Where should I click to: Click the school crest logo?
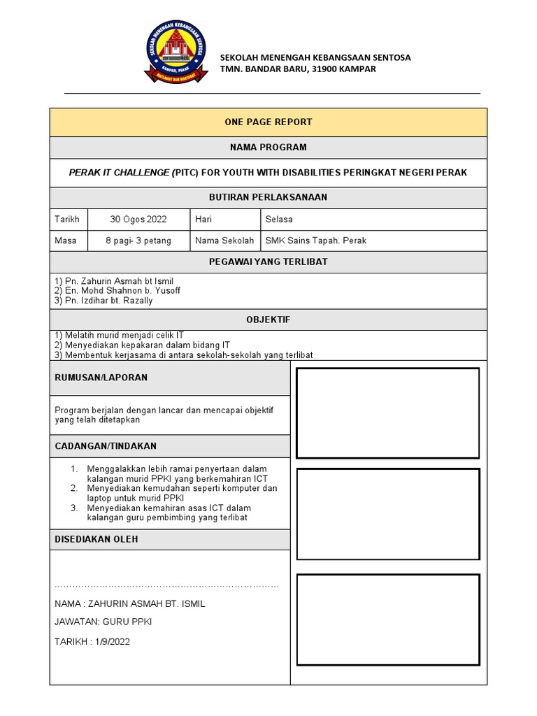(176, 53)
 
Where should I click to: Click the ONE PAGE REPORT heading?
(268, 122)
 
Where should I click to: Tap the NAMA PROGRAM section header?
(268, 148)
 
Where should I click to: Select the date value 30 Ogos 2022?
(138, 219)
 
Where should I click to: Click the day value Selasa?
(279, 219)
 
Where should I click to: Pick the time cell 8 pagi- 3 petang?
(138, 241)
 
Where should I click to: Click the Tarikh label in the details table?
(67, 219)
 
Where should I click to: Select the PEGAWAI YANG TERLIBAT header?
(268, 262)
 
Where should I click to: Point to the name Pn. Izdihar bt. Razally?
(103, 301)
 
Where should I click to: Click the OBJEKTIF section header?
(268, 320)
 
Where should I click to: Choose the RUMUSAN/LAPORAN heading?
(101, 378)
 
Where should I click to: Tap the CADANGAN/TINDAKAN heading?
(106, 445)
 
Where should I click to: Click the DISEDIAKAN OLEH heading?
(96, 539)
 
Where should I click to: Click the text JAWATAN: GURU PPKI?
(103, 622)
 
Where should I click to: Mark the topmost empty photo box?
(388, 413)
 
